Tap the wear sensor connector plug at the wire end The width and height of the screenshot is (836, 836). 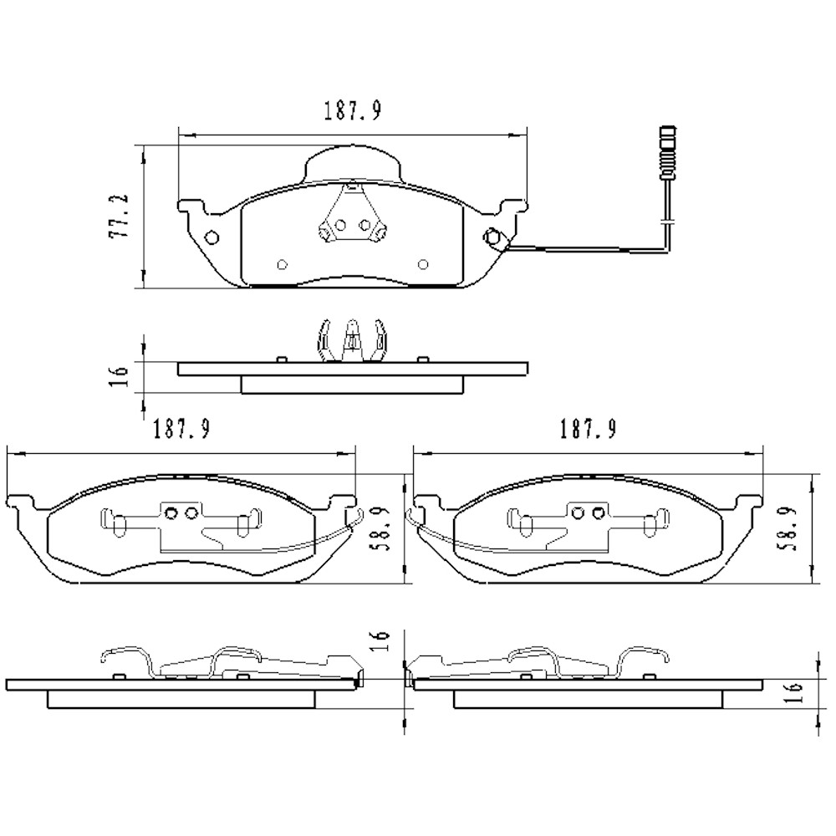[x=666, y=152]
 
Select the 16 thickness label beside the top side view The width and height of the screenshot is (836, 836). [x=120, y=375]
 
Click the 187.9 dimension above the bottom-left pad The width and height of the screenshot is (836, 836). [x=181, y=430]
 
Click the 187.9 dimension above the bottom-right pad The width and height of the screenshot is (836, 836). [x=588, y=430]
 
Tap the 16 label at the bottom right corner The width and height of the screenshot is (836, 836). [x=795, y=691]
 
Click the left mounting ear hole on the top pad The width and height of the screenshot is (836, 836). [x=212, y=237]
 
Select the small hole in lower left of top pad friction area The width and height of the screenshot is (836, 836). [x=282, y=265]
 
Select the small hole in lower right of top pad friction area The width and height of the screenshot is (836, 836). [x=423, y=265]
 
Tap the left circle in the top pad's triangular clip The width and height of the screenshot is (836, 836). [x=340, y=224]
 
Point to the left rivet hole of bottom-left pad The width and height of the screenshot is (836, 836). [x=171, y=513]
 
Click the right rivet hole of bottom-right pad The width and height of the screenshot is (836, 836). [x=598, y=513]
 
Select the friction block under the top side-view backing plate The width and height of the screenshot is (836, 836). [x=352, y=385]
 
